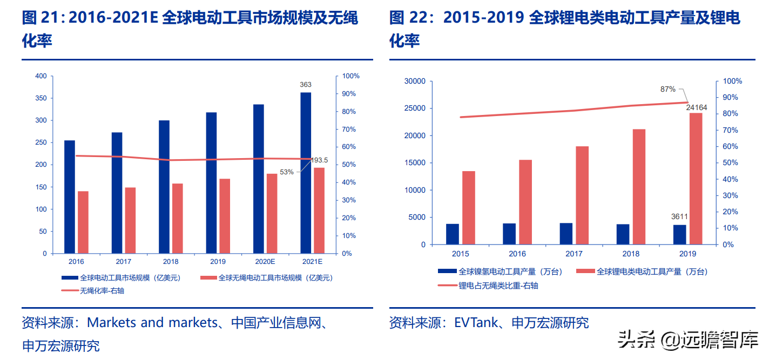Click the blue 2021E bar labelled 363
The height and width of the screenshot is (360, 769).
306,173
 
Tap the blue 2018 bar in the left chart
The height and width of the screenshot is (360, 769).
164,187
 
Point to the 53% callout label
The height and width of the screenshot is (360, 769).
287,172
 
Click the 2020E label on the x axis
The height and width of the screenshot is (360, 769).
265,262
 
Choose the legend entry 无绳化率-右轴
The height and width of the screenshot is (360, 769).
105,290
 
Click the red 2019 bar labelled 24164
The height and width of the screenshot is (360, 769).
696,178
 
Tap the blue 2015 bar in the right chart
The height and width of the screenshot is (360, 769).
453,234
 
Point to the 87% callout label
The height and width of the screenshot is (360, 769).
668,89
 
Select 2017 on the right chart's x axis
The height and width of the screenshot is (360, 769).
574,254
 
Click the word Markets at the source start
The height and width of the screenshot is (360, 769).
112,323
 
